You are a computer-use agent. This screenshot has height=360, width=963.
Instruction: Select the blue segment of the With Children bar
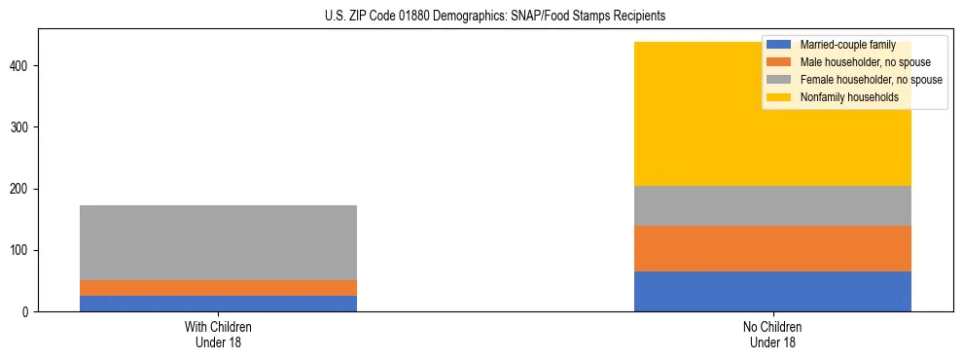(x=218, y=304)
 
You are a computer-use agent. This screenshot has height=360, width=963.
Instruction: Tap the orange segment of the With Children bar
(x=218, y=288)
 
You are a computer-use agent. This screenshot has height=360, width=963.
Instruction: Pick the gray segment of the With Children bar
(x=218, y=242)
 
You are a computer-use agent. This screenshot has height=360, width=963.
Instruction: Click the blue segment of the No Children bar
(x=772, y=291)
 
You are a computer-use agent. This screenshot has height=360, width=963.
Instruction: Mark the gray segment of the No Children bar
(x=772, y=205)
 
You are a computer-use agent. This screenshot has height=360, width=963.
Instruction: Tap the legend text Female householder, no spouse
(x=871, y=80)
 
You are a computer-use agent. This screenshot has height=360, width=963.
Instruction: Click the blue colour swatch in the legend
(x=779, y=45)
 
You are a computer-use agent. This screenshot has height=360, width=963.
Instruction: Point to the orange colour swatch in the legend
(x=779, y=62)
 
